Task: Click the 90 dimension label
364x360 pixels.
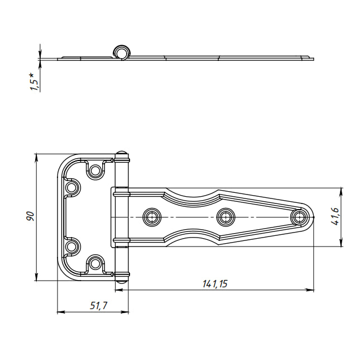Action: pyautogui.click(x=30, y=216)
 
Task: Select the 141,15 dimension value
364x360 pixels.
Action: pyautogui.click(x=215, y=284)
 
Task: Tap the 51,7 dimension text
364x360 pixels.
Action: pyautogui.click(x=98, y=306)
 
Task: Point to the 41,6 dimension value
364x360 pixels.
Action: pyautogui.click(x=335, y=216)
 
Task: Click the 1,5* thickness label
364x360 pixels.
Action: pyautogui.click(x=33, y=82)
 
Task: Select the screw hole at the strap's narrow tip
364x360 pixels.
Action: pyautogui.click(x=299, y=217)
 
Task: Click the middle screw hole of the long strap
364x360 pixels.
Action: pyautogui.click(x=226, y=217)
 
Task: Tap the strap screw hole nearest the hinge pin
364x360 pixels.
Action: pyautogui.click(x=152, y=217)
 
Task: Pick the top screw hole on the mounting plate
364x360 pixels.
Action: pyautogui.click(x=94, y=170)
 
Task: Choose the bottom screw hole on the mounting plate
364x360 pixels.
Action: pyautogui.click(x=94, y=263)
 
